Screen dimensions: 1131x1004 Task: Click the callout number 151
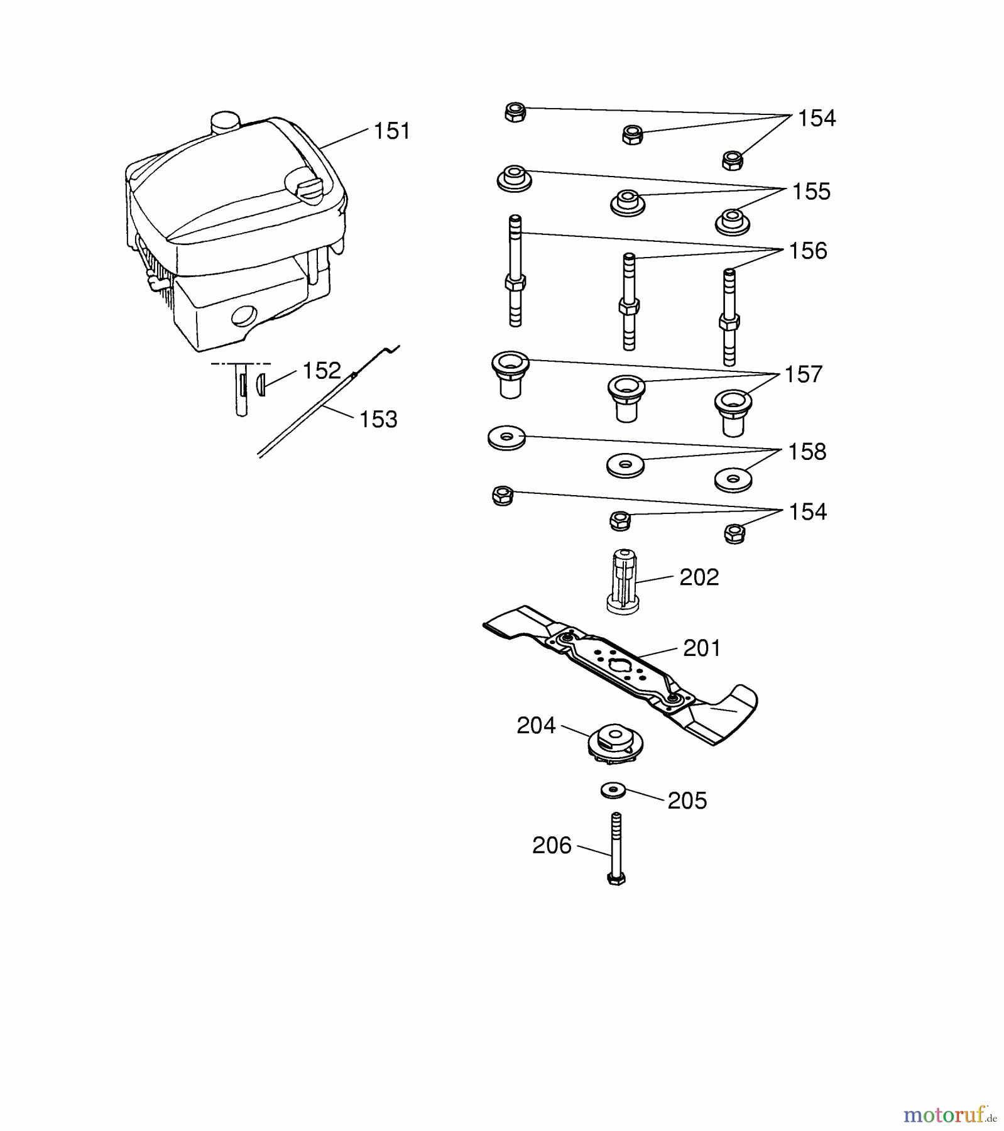[391, 131]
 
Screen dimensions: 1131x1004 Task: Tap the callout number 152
[321, 371]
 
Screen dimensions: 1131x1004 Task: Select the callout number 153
[378, 419]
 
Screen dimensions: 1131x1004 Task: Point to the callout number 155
[811, 192]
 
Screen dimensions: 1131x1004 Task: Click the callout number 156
[808, 251]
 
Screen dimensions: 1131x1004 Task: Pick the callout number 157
[804, 374]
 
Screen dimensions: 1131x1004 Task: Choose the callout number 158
[807, 452]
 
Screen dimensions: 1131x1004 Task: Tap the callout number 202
[699, 577]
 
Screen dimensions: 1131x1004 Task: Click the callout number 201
[702, 648]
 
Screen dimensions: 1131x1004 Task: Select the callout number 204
[536, 726]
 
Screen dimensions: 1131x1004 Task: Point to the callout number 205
[687, 800]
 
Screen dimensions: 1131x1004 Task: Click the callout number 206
[552, 846]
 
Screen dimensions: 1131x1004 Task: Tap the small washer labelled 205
[613, 790]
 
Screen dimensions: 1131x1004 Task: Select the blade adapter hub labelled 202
[623, 581]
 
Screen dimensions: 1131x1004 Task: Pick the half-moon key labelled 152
[261, 383]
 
